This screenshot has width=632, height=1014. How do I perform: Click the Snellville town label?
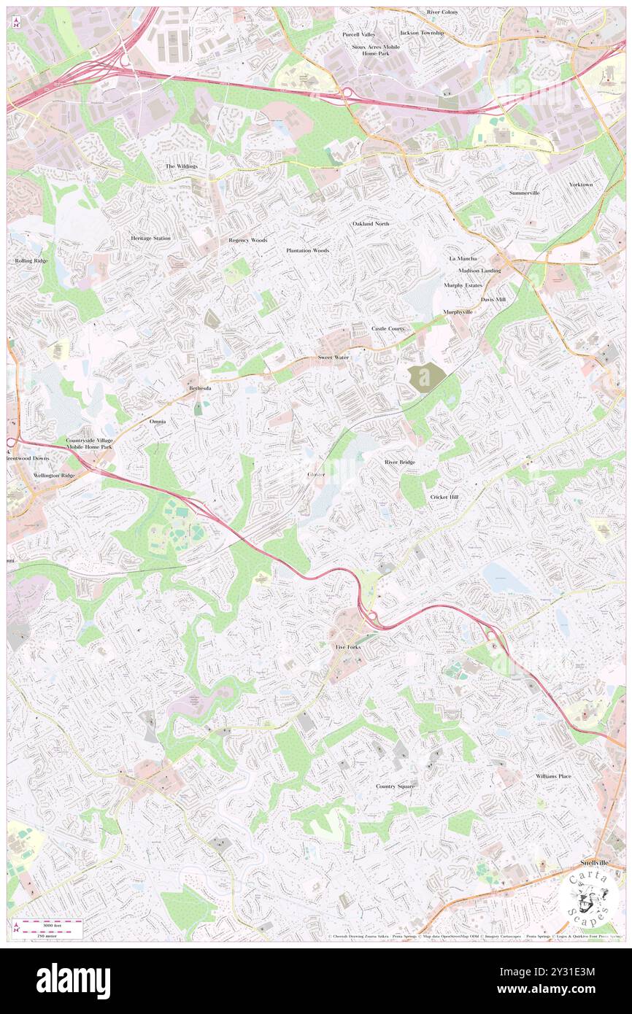point(594,862)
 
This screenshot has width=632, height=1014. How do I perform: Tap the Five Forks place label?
point(348,647)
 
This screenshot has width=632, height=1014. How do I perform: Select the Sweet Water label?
point(333,357)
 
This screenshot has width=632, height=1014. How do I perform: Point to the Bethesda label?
point(200,388)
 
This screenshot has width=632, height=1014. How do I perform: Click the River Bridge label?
point(400,463)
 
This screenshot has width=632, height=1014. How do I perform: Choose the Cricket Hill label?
point(444,497)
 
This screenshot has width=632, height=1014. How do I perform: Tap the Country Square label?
point(396,786)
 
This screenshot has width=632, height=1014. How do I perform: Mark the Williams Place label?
point(553,776)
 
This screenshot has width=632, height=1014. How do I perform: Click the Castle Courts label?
point(388,329)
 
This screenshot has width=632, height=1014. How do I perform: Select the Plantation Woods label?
point(307,250)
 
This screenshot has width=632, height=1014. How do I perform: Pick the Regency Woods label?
point(248,240)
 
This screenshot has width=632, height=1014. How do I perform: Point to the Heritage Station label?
point(151,239)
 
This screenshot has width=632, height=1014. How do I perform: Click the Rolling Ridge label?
point(31,260)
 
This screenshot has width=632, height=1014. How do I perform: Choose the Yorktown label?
point(581,185)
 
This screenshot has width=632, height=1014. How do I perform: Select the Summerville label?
point(524,193)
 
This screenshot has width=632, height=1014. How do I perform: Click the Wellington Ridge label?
point(54,475)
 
